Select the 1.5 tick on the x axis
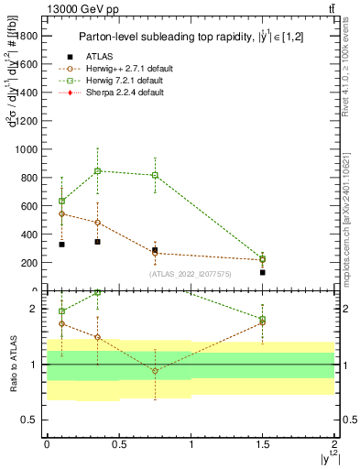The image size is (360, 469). (x=263, y=443)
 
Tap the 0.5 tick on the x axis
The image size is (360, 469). (x=118, y=443)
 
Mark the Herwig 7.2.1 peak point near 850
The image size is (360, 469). (x=97, y=170)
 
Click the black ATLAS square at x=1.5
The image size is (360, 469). (x=262, y=272)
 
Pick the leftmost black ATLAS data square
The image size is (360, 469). (x=61, y=245)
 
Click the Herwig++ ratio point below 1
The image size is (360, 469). (x=155, y=370)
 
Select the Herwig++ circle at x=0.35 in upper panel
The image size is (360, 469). (x=97, y=223)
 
